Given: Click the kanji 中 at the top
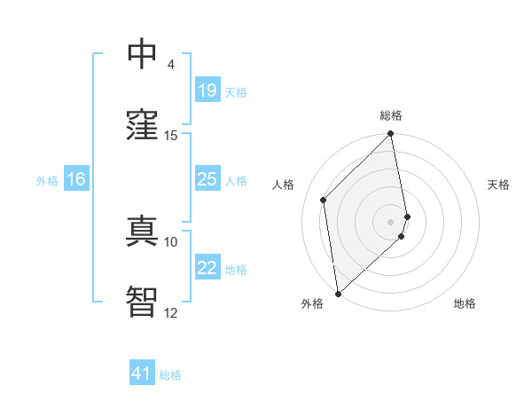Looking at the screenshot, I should (x=143, y=54).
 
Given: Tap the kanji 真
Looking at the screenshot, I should (x=143, y=231).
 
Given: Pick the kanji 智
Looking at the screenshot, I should (x=143, y=302).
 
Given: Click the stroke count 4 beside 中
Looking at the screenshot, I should (x=170, y=64).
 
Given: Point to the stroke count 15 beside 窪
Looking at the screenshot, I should (x=171, y=135).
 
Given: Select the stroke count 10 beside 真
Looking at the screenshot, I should (x=171, y=241).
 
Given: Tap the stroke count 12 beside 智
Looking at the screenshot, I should (x=171, y=312).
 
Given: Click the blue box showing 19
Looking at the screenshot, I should (x=207, y=90).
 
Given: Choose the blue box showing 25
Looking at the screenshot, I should (x=207, y=179).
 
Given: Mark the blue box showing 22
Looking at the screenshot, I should (x=207, y=268).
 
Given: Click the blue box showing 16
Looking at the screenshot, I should (x=76, y=179).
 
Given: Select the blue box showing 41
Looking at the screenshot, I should (x=142, y=374).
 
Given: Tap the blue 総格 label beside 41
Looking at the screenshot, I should (x=170, y=375).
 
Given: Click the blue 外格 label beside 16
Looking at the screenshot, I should (x=47, y=181).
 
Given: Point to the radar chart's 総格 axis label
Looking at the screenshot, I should (x=391, y=115).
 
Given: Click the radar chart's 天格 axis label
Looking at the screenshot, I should (x=498, y=185).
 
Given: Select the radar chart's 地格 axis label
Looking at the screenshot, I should (x=465, y=303).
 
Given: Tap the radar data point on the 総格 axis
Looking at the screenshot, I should (x=391, y=135).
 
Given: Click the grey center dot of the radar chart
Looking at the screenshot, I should (x=391, y=222).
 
